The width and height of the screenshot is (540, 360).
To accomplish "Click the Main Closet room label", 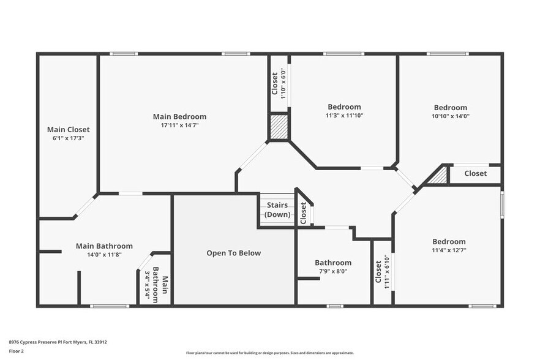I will [x=69, y=129].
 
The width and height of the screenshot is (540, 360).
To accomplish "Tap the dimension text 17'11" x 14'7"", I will [x=179, y=125].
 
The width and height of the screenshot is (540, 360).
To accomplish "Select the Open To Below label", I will [x=233, y=253].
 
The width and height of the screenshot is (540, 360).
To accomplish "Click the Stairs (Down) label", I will [x=277, y=210].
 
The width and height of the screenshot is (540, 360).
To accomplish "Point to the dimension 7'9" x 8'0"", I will [x=334, y=271].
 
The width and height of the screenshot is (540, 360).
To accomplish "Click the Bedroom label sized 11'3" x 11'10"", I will [x=344, y=107].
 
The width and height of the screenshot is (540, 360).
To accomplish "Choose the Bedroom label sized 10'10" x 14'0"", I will [x=450, y=107].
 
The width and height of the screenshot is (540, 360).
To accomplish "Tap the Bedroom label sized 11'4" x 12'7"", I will [x=449, y=241].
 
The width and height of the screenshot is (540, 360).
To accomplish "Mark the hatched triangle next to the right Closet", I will [x=439, y=176].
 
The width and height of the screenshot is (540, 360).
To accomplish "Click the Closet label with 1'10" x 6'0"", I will [x=275, y=83].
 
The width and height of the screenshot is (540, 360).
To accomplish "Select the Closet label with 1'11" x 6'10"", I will [x=378, y=272].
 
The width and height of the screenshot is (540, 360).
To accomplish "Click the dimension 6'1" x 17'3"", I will [x=69, y=138].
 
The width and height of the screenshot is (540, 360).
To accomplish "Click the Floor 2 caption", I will [x=16, y=351].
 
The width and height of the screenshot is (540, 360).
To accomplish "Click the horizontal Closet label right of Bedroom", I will [x=475, y=173].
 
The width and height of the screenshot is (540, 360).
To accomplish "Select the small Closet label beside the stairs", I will [x=303, y=212].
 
